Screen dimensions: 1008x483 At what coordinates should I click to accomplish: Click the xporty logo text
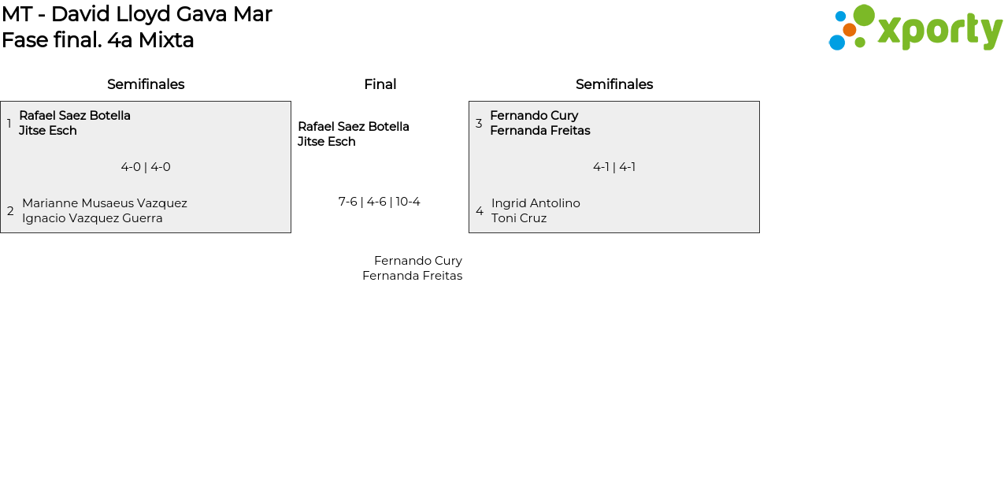pos(939,32)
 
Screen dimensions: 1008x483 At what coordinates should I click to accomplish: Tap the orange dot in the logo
pos(850,30)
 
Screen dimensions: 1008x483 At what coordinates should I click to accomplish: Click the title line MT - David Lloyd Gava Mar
pos(137,14)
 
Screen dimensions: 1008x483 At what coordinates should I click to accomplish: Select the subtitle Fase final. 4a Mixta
pos(98,40)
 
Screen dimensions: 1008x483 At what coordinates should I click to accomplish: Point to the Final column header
pos(380,84)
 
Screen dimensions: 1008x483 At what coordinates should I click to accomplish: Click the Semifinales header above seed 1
pos(146,84)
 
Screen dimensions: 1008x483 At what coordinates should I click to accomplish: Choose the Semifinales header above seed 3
pos(614,84)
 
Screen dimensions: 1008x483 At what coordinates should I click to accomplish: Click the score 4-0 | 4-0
pos(146,167)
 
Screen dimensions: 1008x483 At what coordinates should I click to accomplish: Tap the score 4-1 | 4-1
pos(614,167)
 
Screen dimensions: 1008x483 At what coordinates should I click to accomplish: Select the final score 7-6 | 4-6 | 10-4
pos(380,202)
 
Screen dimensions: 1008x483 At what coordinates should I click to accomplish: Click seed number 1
pos(9,123)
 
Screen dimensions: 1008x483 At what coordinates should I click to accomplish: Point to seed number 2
pos(10,210)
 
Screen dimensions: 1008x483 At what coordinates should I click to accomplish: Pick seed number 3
pos(479,123)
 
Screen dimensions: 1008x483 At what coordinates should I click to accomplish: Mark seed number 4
pos(480,210)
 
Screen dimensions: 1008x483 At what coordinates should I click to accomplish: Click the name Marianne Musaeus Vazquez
pos(105,203)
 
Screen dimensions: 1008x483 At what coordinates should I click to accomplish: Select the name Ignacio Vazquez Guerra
pos(92,218)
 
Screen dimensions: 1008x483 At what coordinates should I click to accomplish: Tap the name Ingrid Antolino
pos(535,203)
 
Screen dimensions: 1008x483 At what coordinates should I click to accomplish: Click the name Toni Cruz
pos(519,218)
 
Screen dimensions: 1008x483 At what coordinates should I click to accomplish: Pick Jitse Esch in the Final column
pos(327,142)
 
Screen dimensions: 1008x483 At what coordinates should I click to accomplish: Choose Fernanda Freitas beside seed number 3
pos(540,131)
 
